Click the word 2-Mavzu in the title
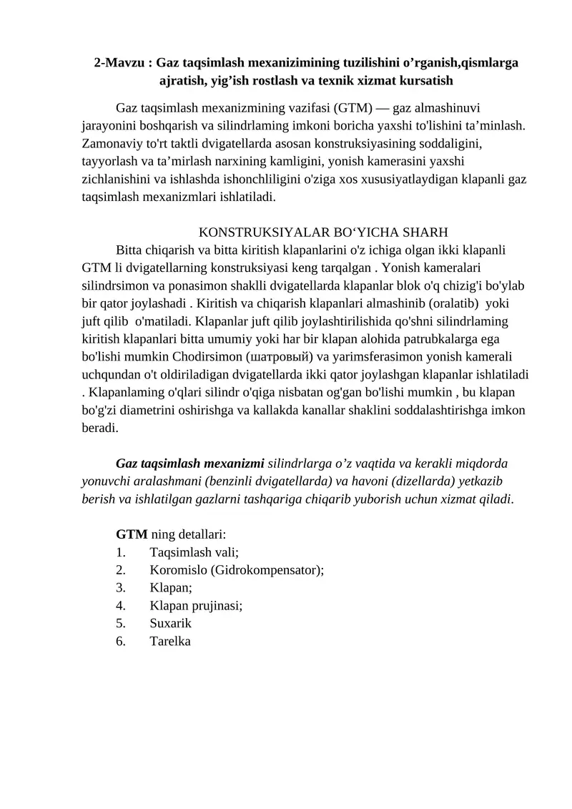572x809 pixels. point(119,62)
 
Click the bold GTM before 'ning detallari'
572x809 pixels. point(132,534)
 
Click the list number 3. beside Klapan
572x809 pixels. point(121,587)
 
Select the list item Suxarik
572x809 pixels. point(170,623)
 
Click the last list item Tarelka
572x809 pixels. point(170,641)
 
